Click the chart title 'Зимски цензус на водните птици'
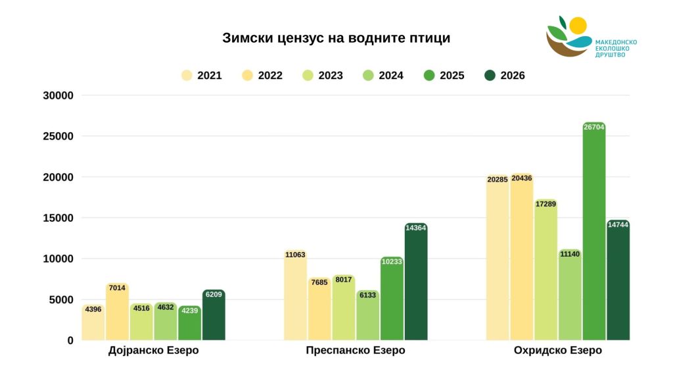click(336, 38)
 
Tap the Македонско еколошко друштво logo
click(590, 38)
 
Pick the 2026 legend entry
click(505, 76)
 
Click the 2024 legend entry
click(383, 76)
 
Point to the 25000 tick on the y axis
click(60, 136)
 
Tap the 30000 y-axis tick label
click(60, 95)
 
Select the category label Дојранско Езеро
click(153, 351)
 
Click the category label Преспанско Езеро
click(356, 351)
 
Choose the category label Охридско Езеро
click(558, 351)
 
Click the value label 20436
click(521, 178)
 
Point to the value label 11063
click(295, 255)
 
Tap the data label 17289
click(545, 204)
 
